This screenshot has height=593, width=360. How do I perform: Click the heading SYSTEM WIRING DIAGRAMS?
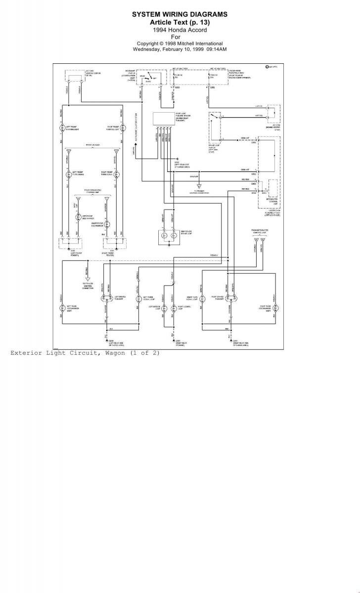pos(180,15)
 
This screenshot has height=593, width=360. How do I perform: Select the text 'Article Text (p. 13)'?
pos(180,23)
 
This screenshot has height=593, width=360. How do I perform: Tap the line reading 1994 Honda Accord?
pos(180,30)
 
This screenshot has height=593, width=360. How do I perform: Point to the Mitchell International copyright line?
pos(180,43)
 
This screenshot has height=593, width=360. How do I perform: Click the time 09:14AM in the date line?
pos(216,49)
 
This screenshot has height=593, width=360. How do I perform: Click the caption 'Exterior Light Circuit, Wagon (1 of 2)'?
pos(85,353)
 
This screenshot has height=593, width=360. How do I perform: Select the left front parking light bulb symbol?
pos(62,128)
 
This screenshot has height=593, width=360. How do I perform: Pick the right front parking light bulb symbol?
pos(118,128)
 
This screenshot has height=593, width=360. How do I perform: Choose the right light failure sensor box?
pos(163,119)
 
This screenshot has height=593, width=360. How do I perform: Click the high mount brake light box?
pos(170,236)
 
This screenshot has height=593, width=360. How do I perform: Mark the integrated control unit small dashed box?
pos(272,188)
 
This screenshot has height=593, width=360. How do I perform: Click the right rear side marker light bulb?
pos(273,307)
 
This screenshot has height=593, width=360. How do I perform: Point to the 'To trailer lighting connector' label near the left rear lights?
pos(88,285)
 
